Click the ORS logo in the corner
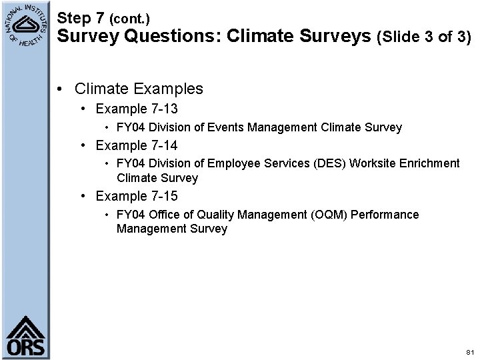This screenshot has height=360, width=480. point(26,336)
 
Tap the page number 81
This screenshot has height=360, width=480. point(470,351)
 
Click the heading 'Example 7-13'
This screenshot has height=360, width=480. point(137,108)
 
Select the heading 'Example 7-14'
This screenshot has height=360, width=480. point(137,145)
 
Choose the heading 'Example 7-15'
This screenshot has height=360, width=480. point(137,196)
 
